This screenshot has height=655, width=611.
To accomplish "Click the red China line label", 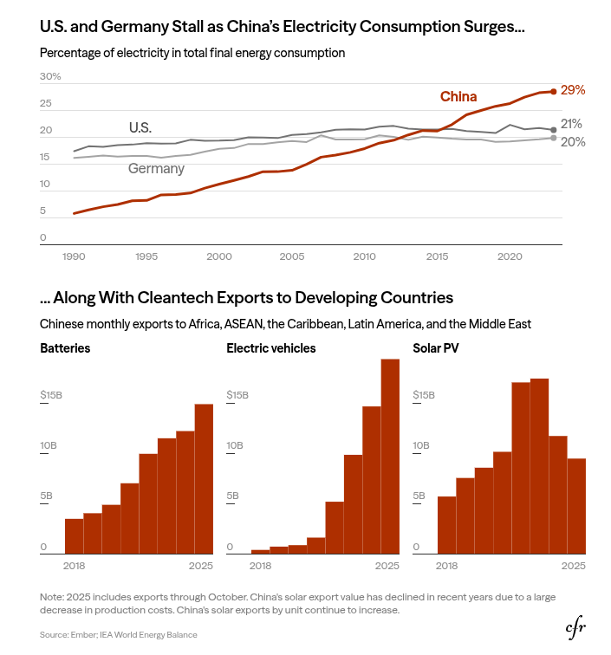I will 458,96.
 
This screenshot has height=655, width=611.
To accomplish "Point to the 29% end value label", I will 573,90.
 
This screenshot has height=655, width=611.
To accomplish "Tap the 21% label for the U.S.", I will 571,124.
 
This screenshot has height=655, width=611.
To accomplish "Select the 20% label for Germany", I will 572,142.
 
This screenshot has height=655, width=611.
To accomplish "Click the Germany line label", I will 156,169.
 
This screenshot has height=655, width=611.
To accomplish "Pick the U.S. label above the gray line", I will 140,127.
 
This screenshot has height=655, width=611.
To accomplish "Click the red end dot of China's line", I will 553,91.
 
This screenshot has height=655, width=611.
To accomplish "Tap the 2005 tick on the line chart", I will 292,256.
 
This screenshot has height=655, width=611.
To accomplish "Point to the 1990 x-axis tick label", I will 74,256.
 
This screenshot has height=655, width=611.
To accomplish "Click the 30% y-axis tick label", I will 50,77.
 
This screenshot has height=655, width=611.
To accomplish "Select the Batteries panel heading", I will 65,348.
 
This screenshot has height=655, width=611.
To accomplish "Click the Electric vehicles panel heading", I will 270,348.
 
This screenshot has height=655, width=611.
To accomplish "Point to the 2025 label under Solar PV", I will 573,566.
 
